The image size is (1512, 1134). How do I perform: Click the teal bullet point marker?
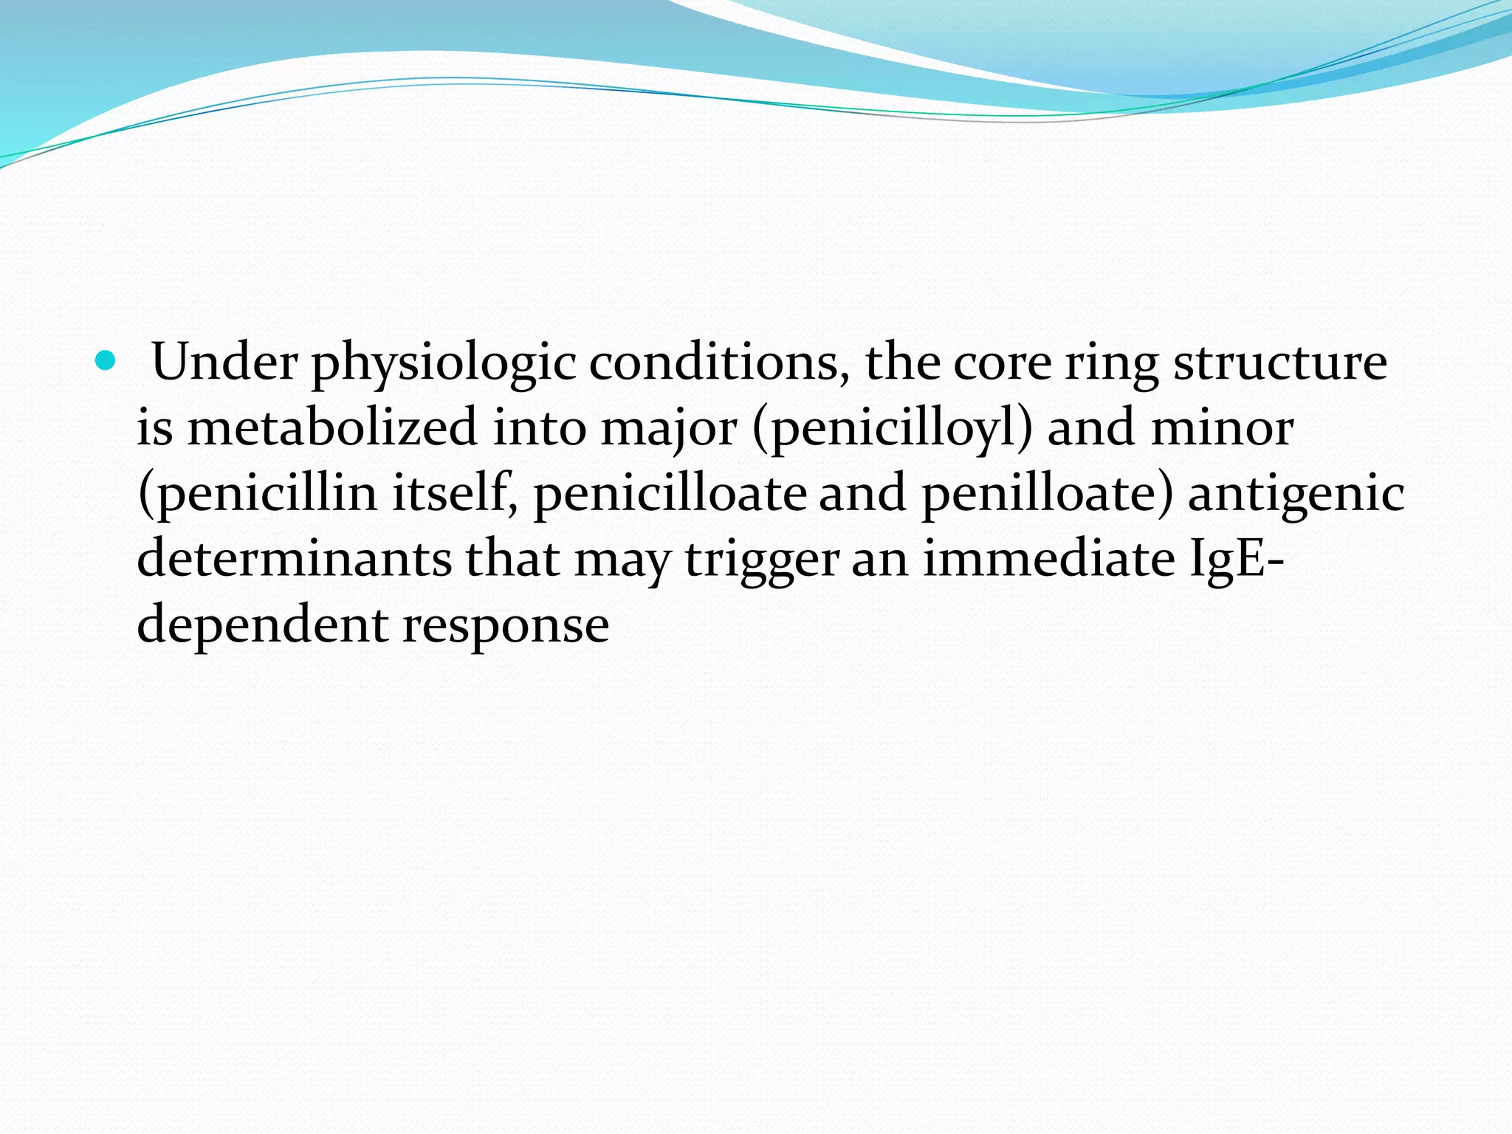(106, 362)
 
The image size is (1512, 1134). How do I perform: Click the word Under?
(224, 363)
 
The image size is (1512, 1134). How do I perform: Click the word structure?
(1280, 363)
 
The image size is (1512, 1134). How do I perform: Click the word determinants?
(294, 559)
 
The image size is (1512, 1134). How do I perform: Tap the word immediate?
(1049, 559)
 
